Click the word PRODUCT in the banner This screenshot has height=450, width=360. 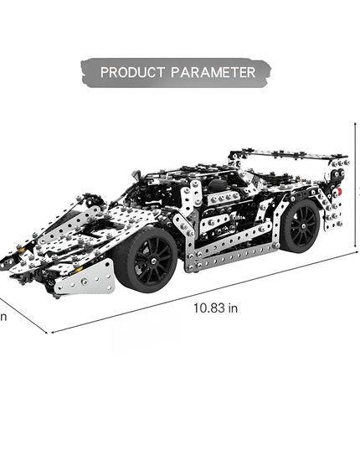coord(132,72)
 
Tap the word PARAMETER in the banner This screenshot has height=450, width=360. coord(213,72)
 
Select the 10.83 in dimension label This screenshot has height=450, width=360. coord(216,308)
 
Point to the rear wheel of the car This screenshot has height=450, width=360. coord(300,225)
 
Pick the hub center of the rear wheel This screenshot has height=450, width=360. coord(301,225)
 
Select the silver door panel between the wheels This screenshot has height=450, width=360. coord(230,218)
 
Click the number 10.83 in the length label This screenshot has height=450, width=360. coord(209,308)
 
